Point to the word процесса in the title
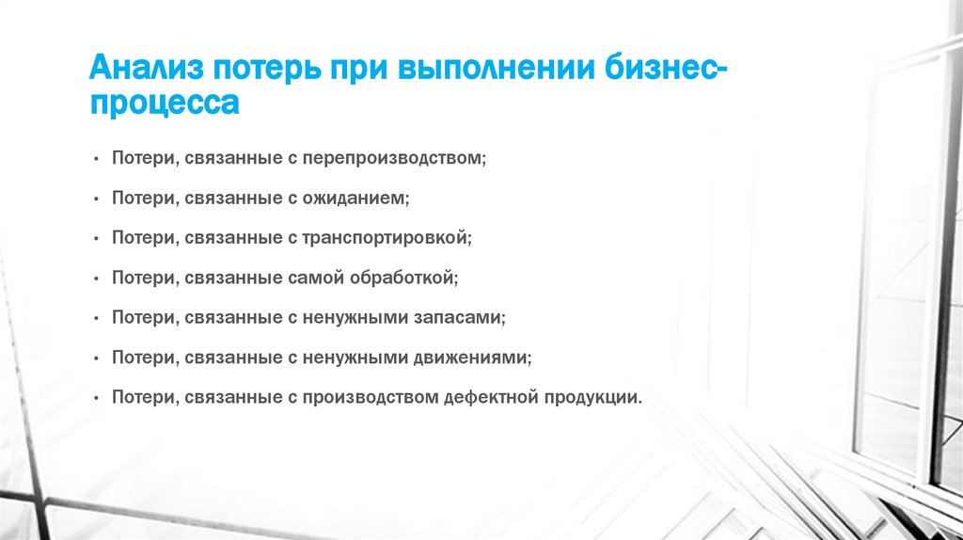[164, 103]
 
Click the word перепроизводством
[393, 159]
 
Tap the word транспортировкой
[386, 238]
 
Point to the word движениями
[474, 357]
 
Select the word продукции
[592, 397]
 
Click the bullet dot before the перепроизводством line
[97, 160]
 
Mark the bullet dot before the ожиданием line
[97, 199]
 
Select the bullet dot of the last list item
[97, 398]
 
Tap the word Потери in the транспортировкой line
[141, 238]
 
